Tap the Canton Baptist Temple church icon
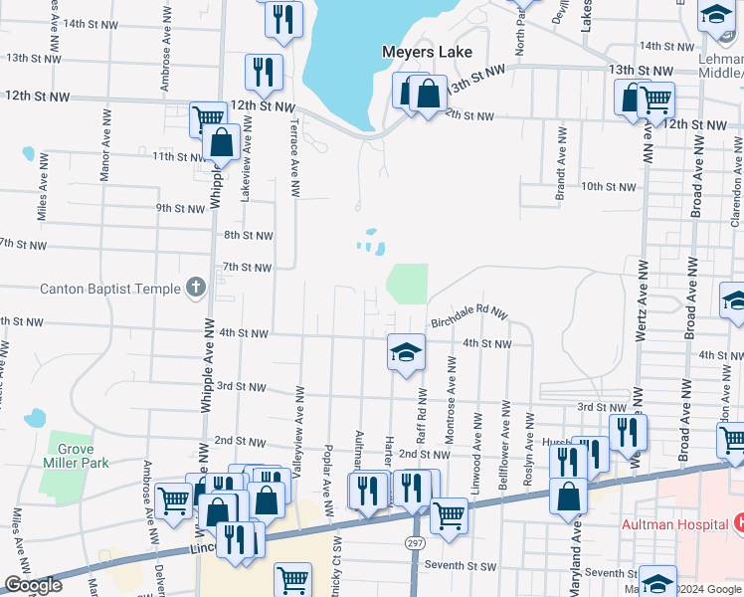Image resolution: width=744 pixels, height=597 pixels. pos(195,289)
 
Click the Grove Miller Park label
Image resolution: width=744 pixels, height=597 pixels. pos(75,455)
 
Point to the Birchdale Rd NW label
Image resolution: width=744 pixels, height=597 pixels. pos(468,314)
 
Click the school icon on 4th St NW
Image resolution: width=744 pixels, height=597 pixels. pos(405,351)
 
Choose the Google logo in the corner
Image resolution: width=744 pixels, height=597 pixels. pos(33,586)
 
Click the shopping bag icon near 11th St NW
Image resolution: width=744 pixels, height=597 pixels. pos(221,144)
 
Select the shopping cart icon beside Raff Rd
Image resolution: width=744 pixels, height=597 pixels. pos(449,515)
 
